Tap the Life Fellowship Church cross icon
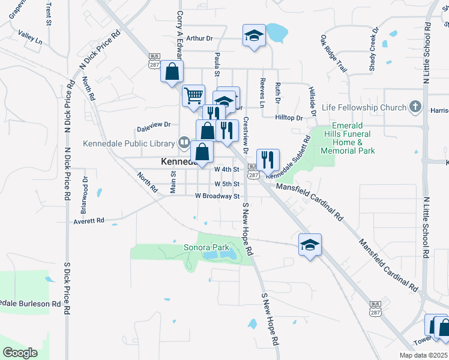coord(414,107)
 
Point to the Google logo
coord(20,353)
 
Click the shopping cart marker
coord(193,95)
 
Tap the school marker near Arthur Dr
coord(253,36)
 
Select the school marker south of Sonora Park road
coord(310,245)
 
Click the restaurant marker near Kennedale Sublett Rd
coord(268,160)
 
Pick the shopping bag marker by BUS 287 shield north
coord(172,71)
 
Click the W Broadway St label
coord(217,196)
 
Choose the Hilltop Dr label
coord(290,118)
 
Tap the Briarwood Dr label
coord(85,195)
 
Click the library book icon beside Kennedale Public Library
coord(184,143)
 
